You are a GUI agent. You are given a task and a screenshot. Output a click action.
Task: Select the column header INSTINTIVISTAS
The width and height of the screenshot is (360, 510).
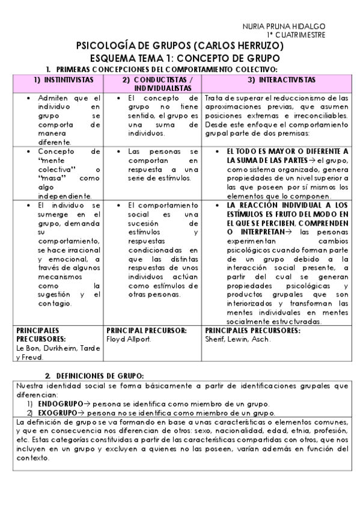pyautogui.click(x=63, y=80)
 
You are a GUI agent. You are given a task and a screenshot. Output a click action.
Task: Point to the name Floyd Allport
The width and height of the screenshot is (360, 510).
pyautogui.click(x=128, y=339)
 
